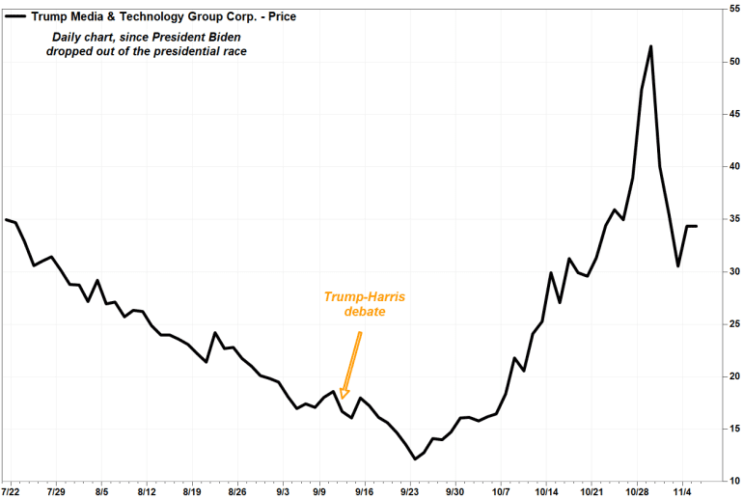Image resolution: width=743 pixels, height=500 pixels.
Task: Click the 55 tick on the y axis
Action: (732, 9)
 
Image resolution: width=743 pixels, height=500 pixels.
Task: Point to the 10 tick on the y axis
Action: (732, 480)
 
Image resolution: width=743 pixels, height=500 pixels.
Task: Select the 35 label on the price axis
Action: (732, 218)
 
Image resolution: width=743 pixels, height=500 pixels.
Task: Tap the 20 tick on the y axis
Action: (732, 375)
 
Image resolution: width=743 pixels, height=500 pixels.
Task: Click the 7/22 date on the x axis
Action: (13, 491)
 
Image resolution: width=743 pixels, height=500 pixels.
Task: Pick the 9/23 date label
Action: (409, 491)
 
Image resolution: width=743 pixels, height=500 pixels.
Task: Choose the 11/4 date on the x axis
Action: (682, 491)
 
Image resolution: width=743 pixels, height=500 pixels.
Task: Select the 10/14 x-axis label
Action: (546, 491)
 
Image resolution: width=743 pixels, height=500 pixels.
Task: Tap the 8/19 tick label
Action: (192, 491)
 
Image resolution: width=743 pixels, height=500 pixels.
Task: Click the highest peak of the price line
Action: (651, 46)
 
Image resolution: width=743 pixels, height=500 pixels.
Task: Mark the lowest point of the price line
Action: (415, 458)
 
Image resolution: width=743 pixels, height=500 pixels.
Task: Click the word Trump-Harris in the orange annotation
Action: (366, 296)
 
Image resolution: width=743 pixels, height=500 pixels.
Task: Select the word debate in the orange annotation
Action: (366, 312)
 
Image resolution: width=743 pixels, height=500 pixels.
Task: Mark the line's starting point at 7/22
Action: (6, 220)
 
